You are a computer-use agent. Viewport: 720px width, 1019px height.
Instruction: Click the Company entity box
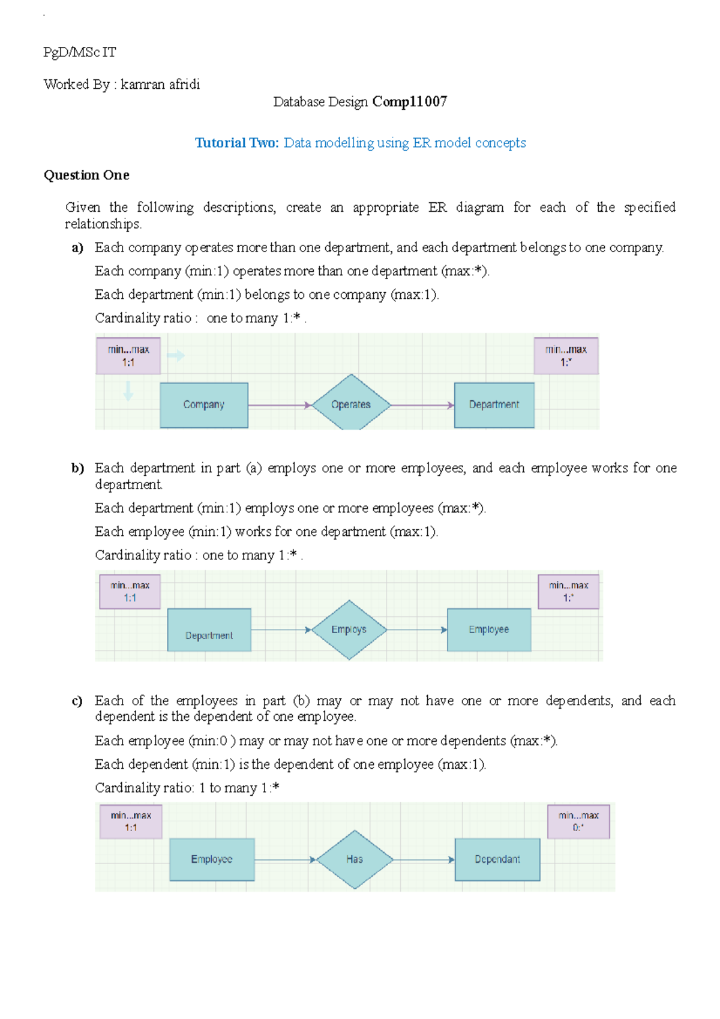[204, 405]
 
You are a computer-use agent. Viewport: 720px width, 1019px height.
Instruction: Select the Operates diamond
[351, 404]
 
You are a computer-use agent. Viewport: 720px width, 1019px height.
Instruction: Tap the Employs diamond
[349, 630]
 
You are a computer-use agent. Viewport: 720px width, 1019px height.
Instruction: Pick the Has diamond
[355, 859]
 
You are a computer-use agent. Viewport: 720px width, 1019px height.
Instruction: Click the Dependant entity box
[497, 859]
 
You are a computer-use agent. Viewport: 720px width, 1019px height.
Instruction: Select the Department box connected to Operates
[494, 405]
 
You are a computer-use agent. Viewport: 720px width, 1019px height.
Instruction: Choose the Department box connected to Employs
[209, 630]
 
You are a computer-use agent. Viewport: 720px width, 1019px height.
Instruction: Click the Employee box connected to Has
[212, 859]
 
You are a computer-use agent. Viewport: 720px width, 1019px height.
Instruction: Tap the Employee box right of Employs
[489, 630]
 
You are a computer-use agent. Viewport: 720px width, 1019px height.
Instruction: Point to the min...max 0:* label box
[578, 822]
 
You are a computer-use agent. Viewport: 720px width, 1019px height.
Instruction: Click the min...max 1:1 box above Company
[128, 356]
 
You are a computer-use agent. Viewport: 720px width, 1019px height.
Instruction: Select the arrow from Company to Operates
[280, 406]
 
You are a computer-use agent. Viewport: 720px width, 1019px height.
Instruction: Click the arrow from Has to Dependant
[424, 860]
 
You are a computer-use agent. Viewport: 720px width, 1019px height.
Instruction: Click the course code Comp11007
[410, 102]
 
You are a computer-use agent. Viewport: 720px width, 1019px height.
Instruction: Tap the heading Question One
[86, 175]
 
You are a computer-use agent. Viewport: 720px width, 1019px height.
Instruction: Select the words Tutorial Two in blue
[236, 143]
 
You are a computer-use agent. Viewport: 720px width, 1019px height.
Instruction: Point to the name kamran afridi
[160, 85]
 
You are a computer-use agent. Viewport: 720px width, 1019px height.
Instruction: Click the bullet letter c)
[77, 701]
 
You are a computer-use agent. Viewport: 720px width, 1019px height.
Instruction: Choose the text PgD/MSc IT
[80, 53]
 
